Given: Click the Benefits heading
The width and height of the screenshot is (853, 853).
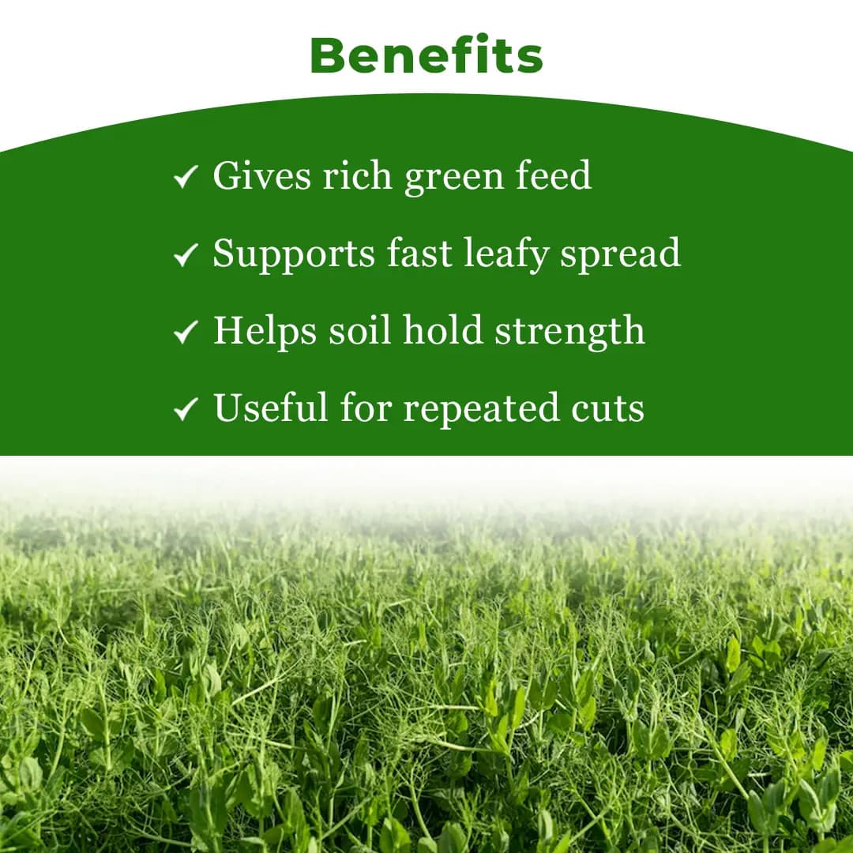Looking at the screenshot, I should click(x=426, y=55).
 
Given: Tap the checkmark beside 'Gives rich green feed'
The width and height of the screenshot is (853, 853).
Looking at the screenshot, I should click(x=185, y=177).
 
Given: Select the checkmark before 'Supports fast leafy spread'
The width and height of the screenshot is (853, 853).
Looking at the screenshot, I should click(x=185, y=254).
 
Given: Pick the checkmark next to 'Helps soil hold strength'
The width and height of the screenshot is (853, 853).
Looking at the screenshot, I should click(x=185, y=332).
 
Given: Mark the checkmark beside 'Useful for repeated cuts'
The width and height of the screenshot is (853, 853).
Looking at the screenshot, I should click(x=185, y=409).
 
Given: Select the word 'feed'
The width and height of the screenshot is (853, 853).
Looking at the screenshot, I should click(x=554, y=175).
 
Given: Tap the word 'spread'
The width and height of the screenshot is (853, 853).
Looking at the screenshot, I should click(x=621, y=255).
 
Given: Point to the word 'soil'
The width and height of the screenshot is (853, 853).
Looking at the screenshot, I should click(x=359, y=330).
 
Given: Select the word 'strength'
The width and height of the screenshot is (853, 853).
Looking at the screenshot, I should click(x=569, y=333).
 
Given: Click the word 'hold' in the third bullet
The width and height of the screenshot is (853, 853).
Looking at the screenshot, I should click(x=442, y=330).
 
